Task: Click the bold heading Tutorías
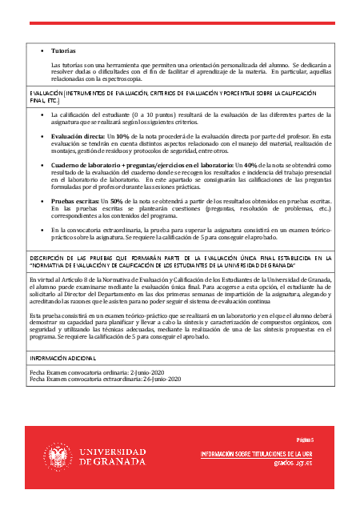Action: point(63,50)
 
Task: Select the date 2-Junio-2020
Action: point(151,372)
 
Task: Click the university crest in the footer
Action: point(55,456)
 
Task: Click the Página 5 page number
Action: point(306,440)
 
